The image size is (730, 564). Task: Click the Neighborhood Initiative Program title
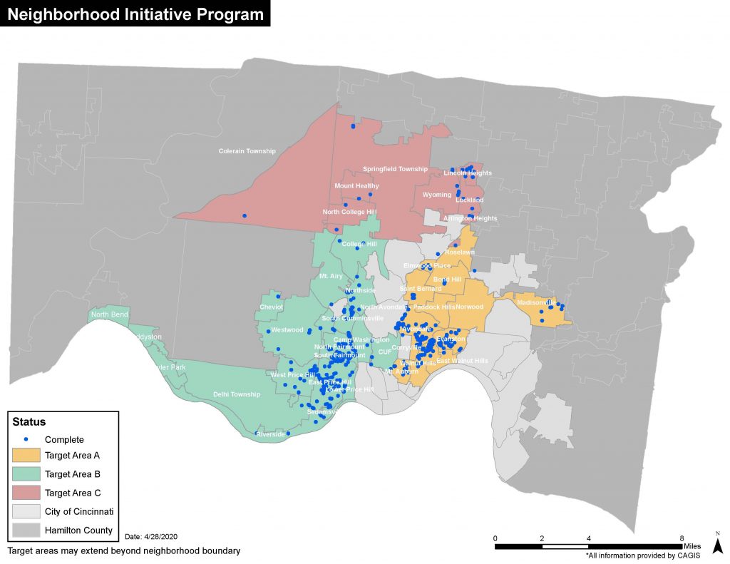135,14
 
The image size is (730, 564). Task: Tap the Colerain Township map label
247,151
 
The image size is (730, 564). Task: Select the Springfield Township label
395,169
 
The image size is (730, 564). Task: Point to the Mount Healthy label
356,186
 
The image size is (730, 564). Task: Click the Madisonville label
535,302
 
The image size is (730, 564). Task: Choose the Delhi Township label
237,394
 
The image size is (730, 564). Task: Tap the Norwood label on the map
470,307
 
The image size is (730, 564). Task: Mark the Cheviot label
271,307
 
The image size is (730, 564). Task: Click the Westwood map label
287,330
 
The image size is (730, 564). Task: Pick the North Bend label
109,314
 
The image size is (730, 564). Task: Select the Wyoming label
437,195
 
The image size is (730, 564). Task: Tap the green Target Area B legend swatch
25,473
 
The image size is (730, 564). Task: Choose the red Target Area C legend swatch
25,493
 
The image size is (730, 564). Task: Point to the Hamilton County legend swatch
25,530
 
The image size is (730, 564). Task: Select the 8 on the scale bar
682,538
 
